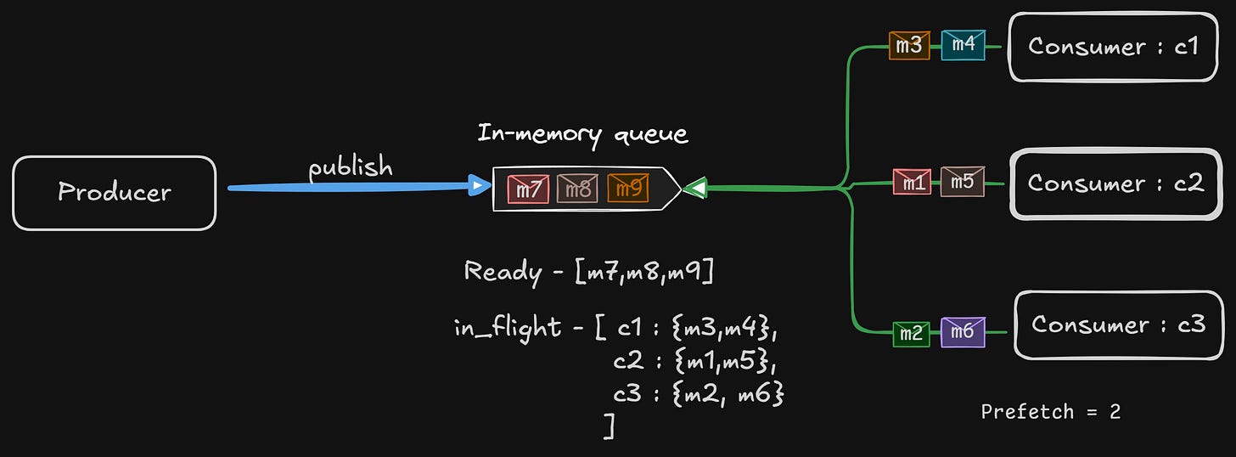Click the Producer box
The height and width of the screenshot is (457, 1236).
tap(114, 193)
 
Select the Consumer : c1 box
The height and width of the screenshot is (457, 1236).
tap(1112, 47)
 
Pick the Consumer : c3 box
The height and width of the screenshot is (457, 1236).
tap(1118, 324)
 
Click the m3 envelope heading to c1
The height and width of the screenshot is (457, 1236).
tap(909, 46)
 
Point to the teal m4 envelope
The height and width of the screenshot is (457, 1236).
tap(963, 46)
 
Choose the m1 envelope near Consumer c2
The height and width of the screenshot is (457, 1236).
tap(912, 182)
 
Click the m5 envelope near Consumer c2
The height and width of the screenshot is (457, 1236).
tap(963, 182)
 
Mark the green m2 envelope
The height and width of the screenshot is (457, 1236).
tap(911, 333)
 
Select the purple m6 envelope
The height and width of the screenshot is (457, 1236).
tap(963, 332)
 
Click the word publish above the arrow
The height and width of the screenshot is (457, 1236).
tap(351, 167)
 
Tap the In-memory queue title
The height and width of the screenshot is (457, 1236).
tap(582, 134)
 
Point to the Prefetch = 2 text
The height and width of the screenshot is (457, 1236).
tap(1050, 412)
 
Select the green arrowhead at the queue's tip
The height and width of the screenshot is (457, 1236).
tap(694, 188)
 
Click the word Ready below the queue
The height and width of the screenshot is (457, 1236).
tap(503, 272)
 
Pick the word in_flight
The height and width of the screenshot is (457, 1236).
tap(507, 328)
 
